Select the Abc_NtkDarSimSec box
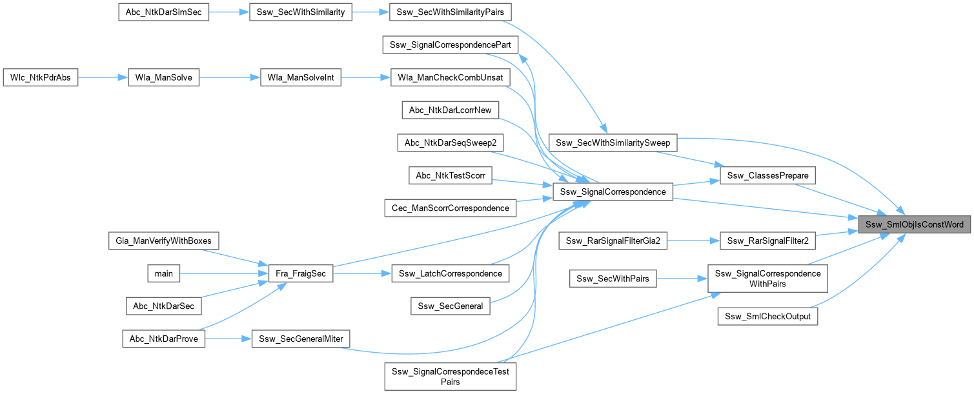tap(163, 13)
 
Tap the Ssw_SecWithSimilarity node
tap(300, 13)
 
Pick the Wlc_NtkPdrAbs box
tap(41, 77)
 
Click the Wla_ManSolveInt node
tap(299, 77)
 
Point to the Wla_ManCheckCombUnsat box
tap(451, 77)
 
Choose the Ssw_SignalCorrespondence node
tap(613, 192)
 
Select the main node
tap(164, 273)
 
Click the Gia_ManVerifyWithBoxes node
tap(163, 241)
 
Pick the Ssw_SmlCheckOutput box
tap(767, 317)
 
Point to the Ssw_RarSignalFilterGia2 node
tap(611, 241)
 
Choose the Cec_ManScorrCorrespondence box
tap(450, 208)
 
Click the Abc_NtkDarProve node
tap(163, 339)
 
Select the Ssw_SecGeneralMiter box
tap(300, 339)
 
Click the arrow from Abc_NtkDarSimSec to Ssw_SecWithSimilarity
tap(229, 13)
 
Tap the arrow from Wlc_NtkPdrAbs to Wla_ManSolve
tap(100, 77)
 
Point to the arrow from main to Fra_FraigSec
tap(219, 273)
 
